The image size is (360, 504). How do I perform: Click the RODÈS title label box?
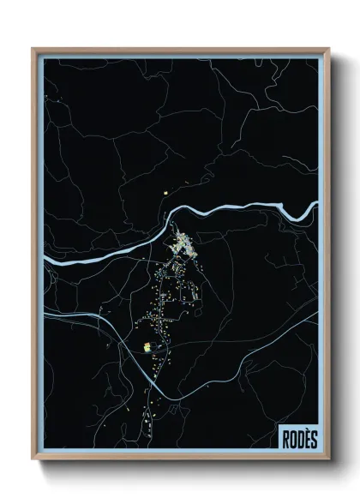click(297, 436)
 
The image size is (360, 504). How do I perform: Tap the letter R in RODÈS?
click(285, 438)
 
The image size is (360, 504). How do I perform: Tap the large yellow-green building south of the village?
click(147, 347)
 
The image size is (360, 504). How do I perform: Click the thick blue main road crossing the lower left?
click(94, 317)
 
